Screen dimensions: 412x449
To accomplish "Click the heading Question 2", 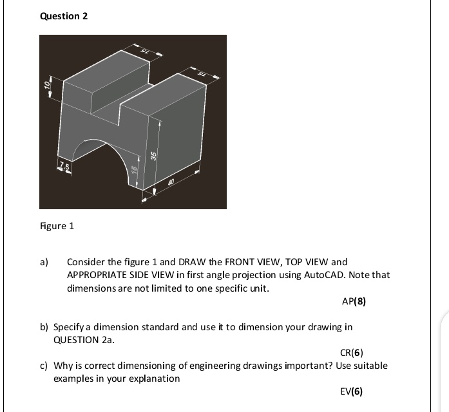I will (x=64, y=16).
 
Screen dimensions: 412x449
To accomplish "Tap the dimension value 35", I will (x=153, y=156).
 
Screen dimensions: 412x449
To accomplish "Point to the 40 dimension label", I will (x=171, y=183).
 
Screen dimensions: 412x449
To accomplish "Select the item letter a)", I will (x=44, y=262).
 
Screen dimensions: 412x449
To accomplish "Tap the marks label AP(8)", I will (x=354, y=301).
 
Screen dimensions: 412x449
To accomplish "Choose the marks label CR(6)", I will (x=351, y=352).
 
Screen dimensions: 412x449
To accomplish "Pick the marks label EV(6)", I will (x=351, y=391).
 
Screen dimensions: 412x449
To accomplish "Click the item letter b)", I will (x=44, y=327).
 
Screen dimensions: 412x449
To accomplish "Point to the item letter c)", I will (x=44, y=366).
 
